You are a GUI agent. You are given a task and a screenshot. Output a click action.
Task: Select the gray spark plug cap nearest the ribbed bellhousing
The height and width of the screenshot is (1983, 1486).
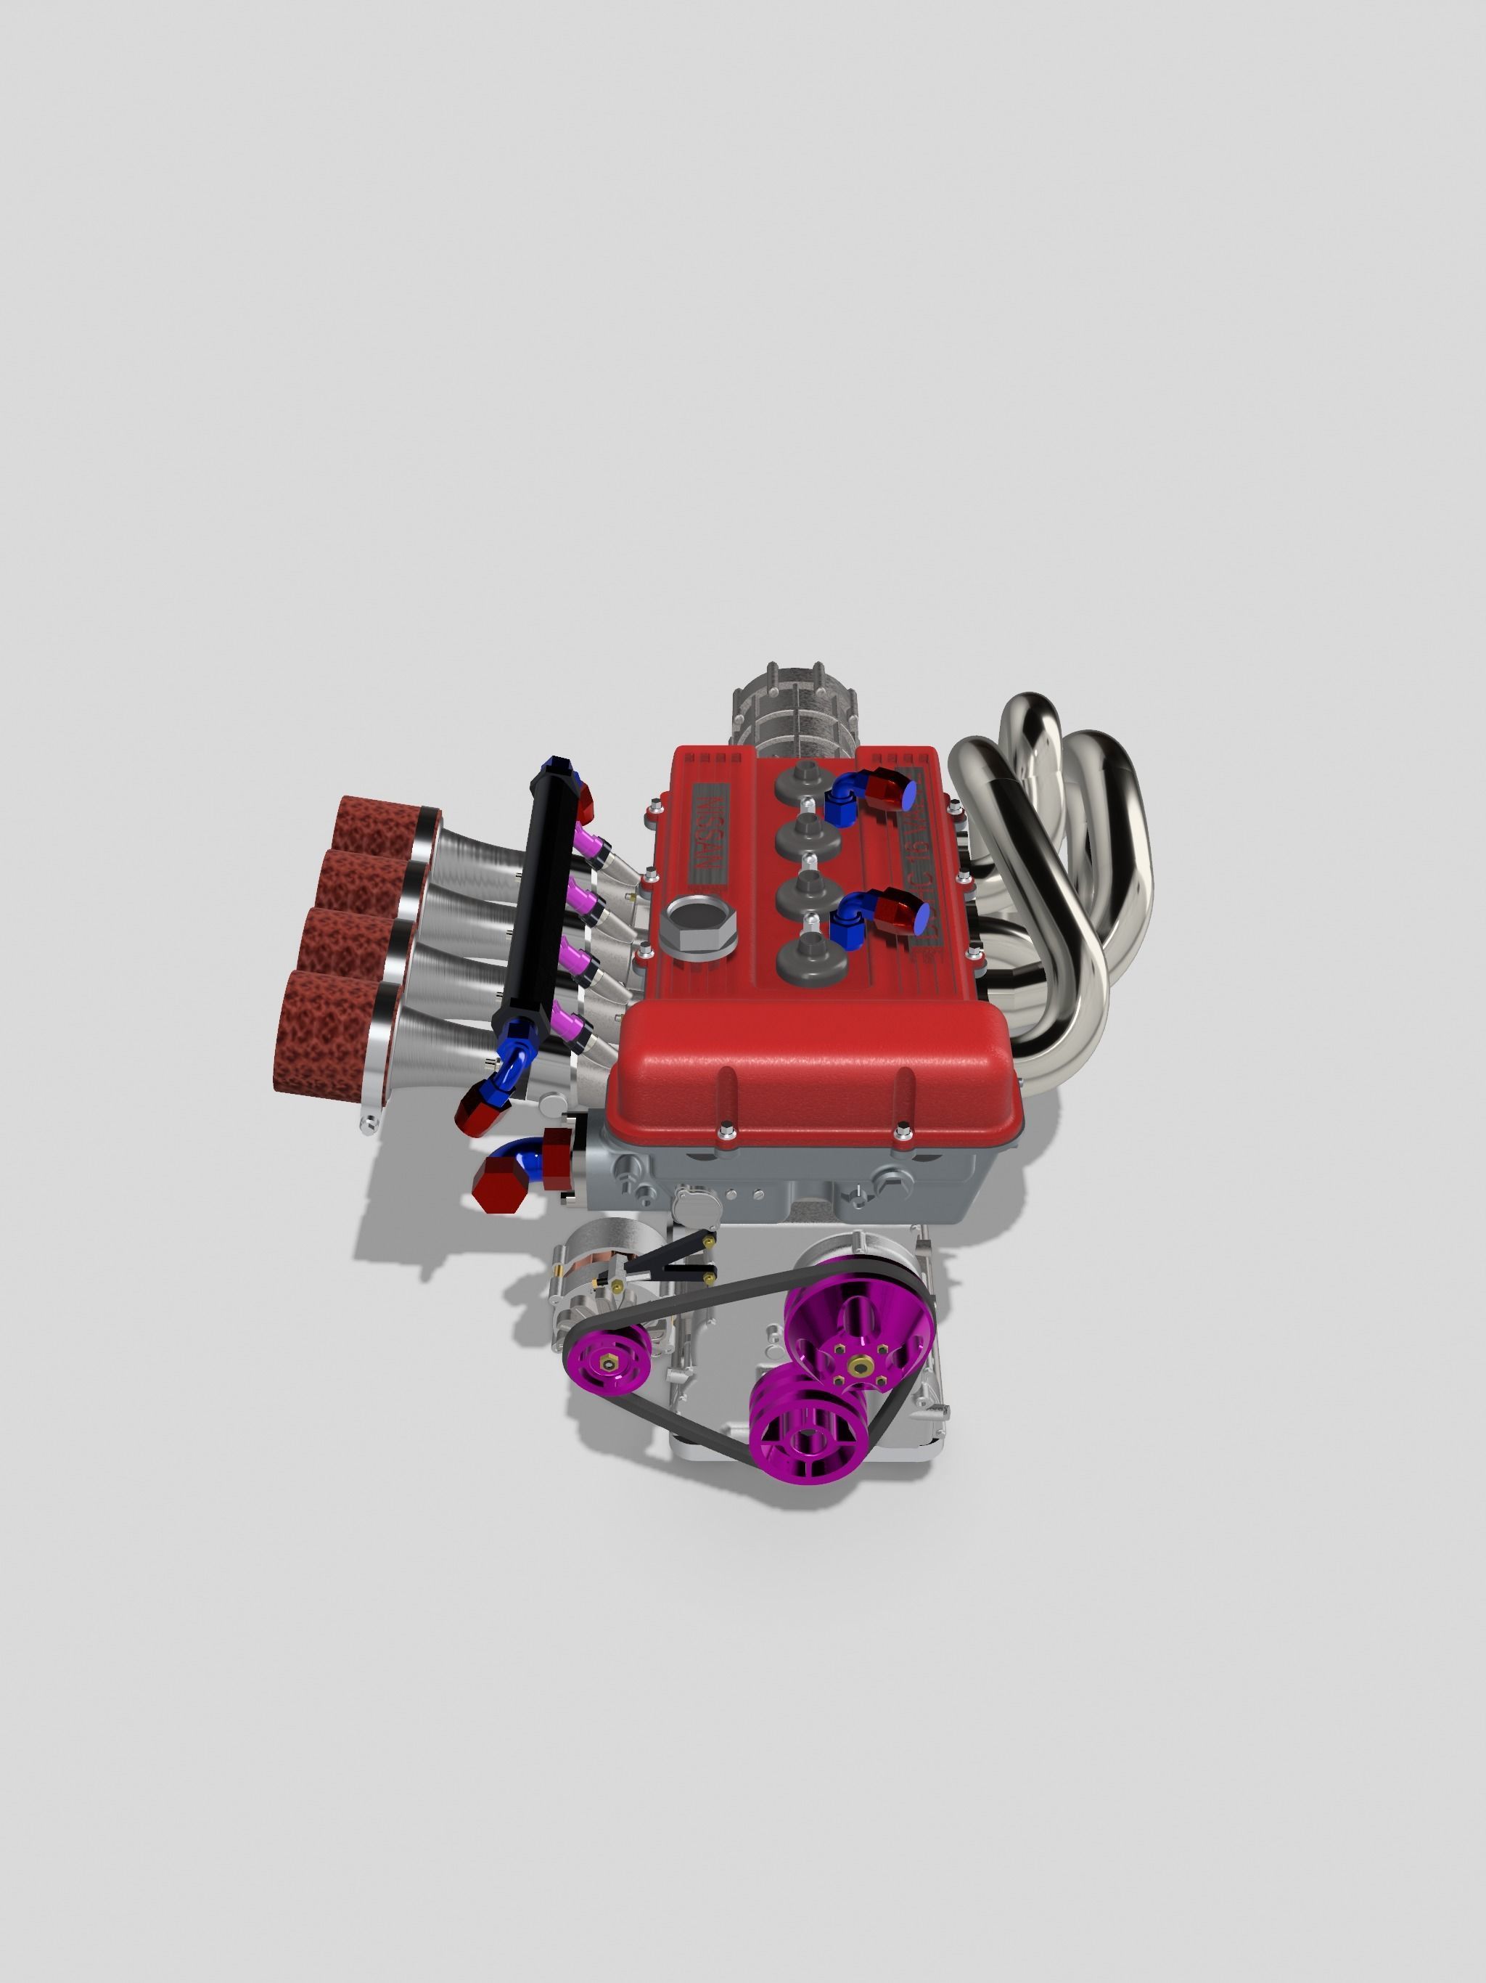pos(804,774)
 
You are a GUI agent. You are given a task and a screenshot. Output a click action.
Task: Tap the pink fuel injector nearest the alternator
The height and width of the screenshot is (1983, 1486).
pos(571,1021)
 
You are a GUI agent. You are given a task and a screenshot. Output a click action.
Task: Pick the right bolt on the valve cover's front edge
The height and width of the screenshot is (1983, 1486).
pos(903,1136)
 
